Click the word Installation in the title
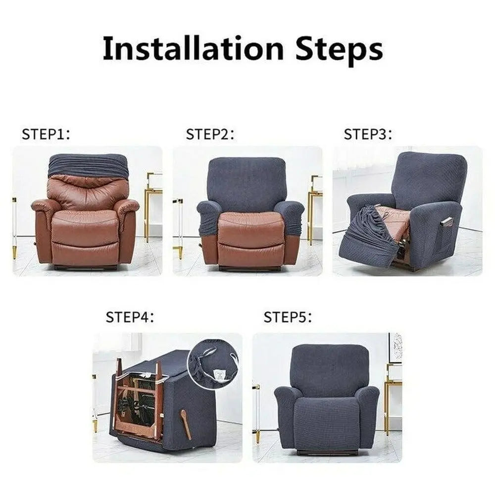[193, 49]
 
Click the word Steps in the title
[340, 49]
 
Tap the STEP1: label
[46, 134]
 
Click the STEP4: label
[130, 317]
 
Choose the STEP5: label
[288, 317]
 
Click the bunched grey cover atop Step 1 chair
[88, 165]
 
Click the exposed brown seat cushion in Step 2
[251, 228]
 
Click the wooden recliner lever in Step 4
[186, 424]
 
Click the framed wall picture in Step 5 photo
[395, 347]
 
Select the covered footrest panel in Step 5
[327, 423]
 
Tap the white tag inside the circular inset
[218, 375]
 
